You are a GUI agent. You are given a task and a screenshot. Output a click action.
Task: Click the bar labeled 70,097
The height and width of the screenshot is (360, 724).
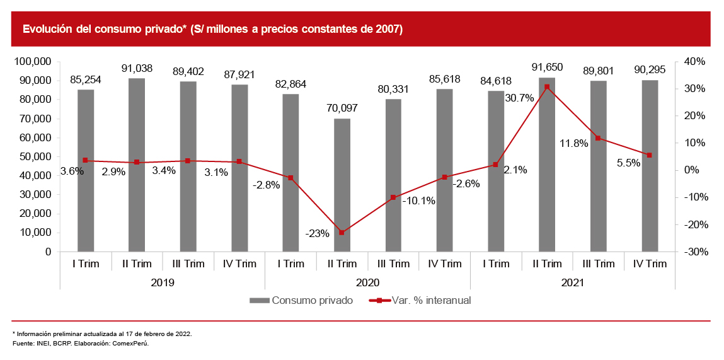[342, 185]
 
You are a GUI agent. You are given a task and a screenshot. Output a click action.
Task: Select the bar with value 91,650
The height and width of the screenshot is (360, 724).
[547, 164]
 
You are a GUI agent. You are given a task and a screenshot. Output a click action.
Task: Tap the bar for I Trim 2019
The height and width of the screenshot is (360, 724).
[86, 170]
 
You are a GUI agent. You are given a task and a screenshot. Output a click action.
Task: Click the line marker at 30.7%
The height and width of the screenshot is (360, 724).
[547, 87]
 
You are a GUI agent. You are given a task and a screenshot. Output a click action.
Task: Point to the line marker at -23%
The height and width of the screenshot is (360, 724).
[342, 233]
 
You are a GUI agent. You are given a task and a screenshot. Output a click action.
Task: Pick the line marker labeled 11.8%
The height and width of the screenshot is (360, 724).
[599, 138]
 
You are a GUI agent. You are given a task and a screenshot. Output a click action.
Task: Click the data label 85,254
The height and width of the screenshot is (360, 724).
[86, 80]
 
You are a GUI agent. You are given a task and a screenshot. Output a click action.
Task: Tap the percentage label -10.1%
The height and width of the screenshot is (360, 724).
[418, 200]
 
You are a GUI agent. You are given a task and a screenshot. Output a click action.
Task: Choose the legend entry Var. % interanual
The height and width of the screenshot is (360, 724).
[431, 300]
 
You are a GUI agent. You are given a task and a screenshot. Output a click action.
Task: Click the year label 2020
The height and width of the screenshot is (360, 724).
[367, 283]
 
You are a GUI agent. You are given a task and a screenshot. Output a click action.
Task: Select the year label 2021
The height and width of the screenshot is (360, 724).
[573, 283]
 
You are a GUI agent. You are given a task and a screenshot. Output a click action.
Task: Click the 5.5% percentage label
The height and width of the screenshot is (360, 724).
[628, 163]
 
